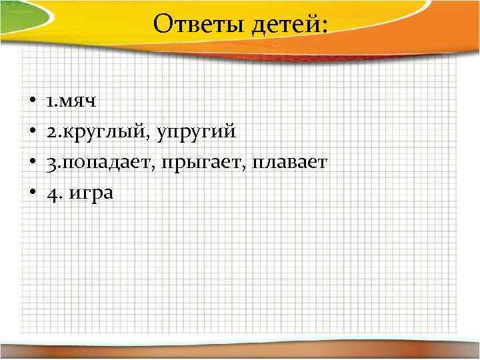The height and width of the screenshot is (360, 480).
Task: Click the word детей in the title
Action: click(x=289, y=25)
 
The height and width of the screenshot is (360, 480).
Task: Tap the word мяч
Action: click(x=79, y=102)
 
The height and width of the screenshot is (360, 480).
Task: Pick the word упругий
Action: click(x=196, y=132)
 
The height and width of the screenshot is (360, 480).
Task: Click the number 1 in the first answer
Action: click(x=51, y=102)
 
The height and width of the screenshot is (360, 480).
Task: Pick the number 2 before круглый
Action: click(x=51, y=132)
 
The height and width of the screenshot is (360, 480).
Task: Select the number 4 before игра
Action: click(x=51, y=193)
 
